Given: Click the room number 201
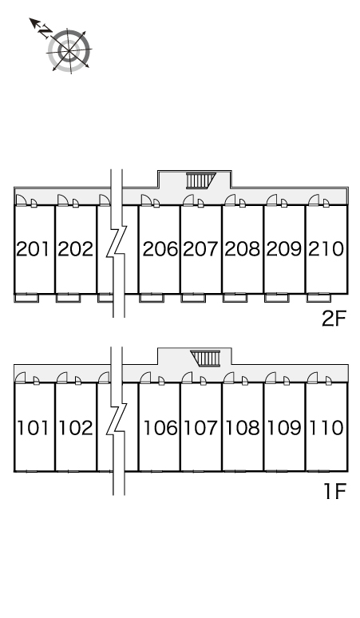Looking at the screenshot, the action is [x=34, y=248].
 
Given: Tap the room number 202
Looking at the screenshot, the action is [x=75, y=248].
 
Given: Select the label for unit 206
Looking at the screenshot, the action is [x=160, y=248].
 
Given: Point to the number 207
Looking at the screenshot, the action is [x=200, y=248].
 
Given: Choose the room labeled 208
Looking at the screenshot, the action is [x=242, y=248].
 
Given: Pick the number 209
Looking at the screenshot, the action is [x=284, y=248].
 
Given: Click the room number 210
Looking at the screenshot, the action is [x=326, y=248].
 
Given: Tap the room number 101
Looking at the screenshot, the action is [x=33, y=428].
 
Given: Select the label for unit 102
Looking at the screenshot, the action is [x=76, y=428].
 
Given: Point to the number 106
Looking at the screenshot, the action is [x=160, y=428].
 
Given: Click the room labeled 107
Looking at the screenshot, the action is [x=201, y=428].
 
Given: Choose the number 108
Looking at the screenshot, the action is [x=243, y=428].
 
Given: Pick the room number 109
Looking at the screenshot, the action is [x=284, y=428].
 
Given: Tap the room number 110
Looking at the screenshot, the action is [x=326, y=428].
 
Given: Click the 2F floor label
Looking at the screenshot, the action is [x=334, y=319].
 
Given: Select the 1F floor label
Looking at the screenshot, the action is [x=334, y=491].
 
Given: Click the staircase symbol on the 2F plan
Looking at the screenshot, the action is [x=201, y=180].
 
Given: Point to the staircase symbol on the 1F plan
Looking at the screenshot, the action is [x=205, y=359].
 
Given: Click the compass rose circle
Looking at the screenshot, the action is [x=69, y=50].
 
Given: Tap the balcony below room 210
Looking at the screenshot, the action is [x=318, y=298].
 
